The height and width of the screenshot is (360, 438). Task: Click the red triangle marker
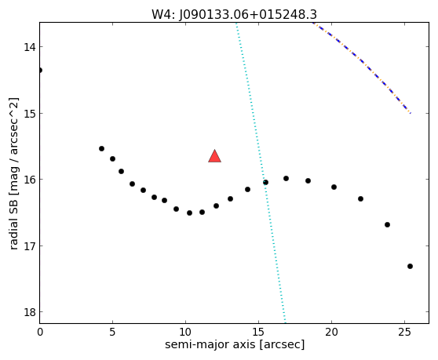(214, 156)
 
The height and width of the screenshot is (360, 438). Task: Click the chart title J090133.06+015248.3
(248, 15)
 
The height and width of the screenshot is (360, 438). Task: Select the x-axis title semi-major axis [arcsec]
(235, 344)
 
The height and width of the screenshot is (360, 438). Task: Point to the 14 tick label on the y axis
(30, 47)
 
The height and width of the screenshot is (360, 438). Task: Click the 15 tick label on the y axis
(30, 113)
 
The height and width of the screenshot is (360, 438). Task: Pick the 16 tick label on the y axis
(30, 180)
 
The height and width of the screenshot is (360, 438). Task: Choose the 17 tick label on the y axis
(30, 245)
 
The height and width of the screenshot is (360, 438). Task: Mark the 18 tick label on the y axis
(30, 312)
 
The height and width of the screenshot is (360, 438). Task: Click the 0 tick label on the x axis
(40, 332)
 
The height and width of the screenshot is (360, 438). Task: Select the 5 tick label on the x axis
(112, 332)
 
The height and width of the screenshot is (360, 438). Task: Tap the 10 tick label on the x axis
(185, 332)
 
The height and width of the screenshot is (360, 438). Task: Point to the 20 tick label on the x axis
(331, 332)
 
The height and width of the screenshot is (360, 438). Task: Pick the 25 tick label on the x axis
(404, 332)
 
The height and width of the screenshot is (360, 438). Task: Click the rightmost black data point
(410, 266)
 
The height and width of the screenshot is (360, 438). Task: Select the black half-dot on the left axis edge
(41, 70)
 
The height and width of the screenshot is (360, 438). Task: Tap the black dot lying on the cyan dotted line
(265, 182)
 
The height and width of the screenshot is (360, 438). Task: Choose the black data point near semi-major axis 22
(360, 198)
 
